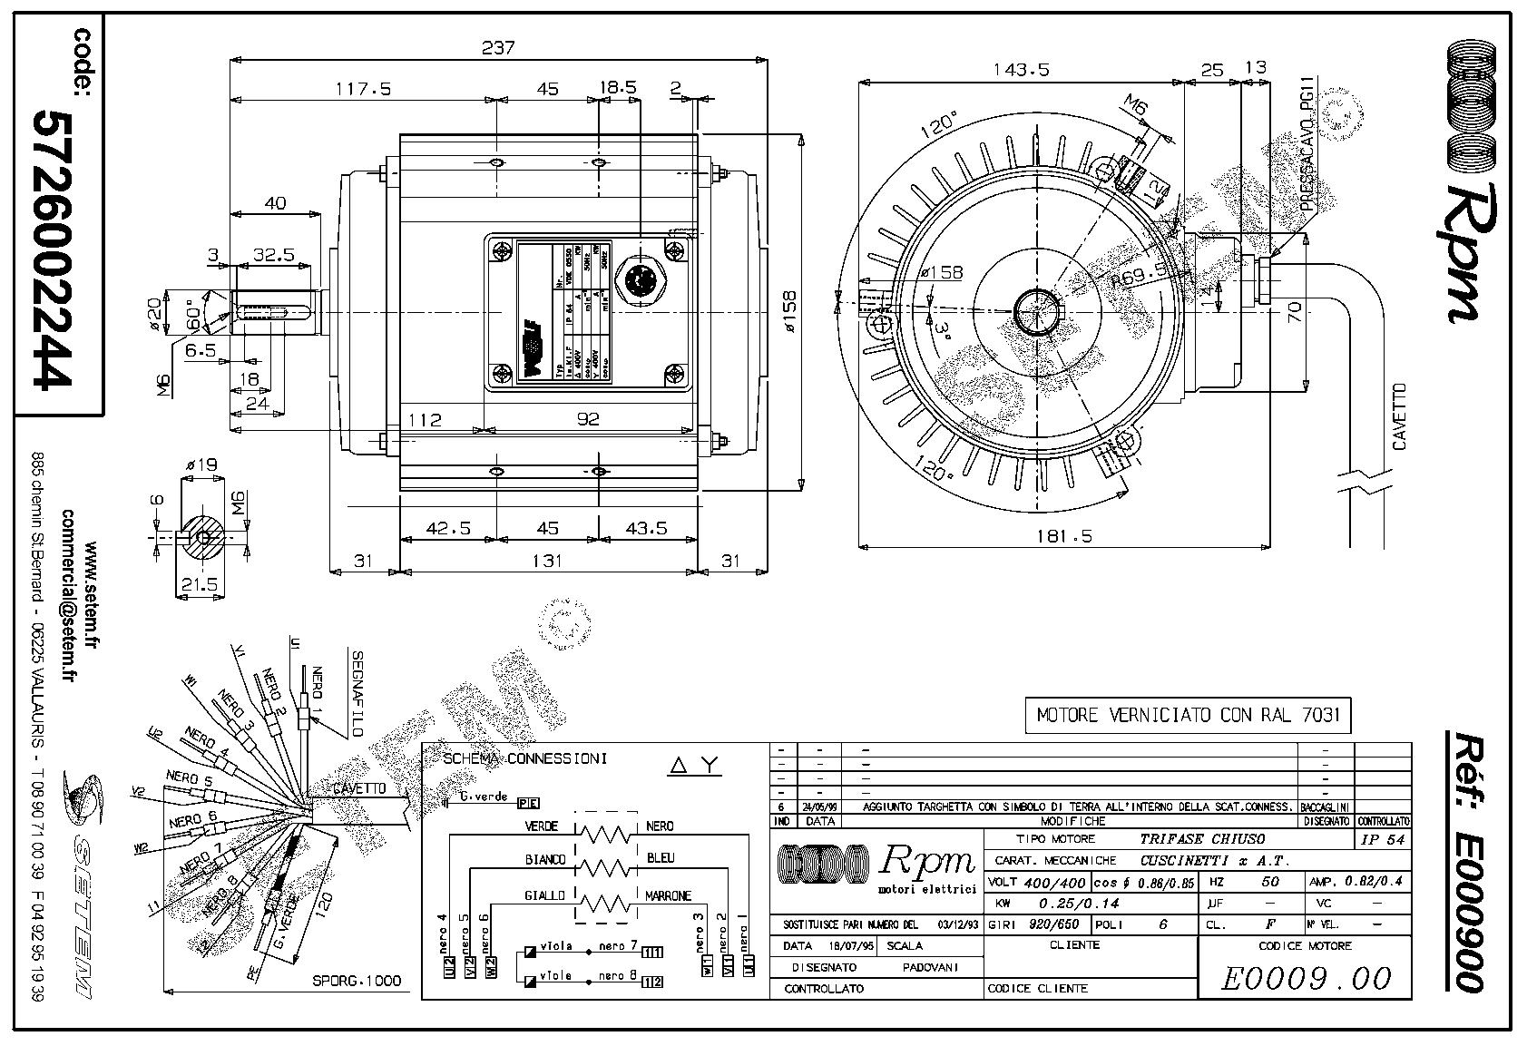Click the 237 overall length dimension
(498, 47)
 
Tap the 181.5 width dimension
(1064, 536)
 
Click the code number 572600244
(52, 249)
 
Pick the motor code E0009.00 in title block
(1306, 978)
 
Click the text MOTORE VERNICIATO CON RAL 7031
(1188, 715)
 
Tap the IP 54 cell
(1383, 839)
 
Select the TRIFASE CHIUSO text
(1202, 839)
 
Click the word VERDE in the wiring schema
(542, 826)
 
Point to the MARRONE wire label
(668, 896)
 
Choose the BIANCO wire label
(545, 859)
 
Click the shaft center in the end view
(1033, 314)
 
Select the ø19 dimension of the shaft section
(201, 465)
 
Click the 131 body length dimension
(547, 561)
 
